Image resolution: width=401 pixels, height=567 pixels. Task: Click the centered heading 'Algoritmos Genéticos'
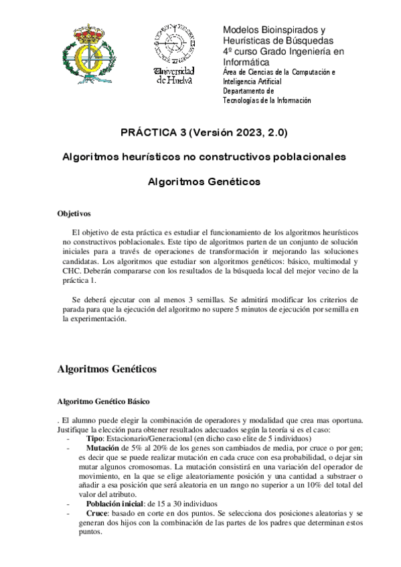tap(204, 181)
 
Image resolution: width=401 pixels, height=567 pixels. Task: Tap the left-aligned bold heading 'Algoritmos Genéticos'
tap(107, 368)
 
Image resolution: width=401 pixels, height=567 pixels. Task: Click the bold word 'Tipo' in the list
tap(95, 437)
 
